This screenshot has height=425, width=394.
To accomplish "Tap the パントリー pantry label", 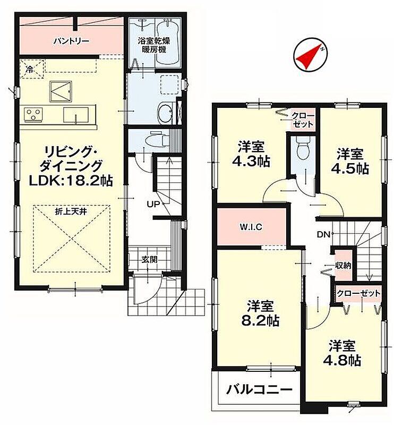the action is pos(72,41).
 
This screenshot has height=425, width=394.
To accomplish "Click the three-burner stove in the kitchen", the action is pos(33,114).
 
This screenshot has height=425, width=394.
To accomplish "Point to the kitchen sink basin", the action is pos(76,115).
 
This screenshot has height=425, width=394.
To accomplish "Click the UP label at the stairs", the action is pos(153,204).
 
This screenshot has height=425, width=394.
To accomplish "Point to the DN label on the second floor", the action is pos(323,234).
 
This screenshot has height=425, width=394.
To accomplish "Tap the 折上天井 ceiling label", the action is pos(71,211).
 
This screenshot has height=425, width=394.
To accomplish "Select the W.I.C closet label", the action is pos(251,227).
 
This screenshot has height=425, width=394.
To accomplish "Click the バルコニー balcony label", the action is pos(259,390).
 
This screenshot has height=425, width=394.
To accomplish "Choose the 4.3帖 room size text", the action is pos(251,161).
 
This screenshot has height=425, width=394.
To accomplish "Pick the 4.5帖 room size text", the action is pos(349,168).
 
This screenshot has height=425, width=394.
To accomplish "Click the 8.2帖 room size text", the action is pos(260,321).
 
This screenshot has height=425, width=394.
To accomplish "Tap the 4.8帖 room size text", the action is pos(342,361).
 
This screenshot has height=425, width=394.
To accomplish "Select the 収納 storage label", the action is pos(344,265).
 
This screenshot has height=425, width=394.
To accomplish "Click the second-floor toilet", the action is pos(302,148).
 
